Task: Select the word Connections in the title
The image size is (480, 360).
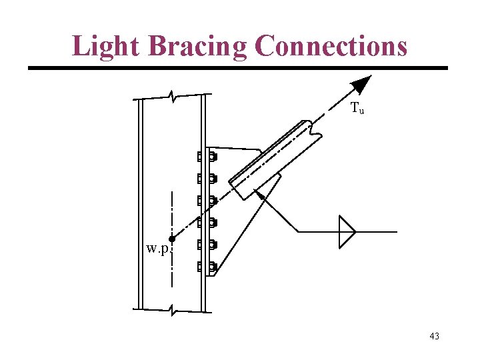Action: point(331,45)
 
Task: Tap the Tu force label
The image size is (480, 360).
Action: point(357,107)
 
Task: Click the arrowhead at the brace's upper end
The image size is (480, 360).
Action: point(361,84)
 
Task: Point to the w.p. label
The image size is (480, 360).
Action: point(159,250)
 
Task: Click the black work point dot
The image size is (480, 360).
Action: point(172,239)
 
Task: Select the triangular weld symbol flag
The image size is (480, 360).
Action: point(346,231)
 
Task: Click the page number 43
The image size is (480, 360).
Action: point(434,336)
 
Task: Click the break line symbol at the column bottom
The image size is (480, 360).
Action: point(173,310)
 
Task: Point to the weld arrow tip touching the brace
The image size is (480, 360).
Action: point(259,194)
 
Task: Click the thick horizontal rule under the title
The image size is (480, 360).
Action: point(237,68)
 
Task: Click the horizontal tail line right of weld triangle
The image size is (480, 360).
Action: point(377,231)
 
